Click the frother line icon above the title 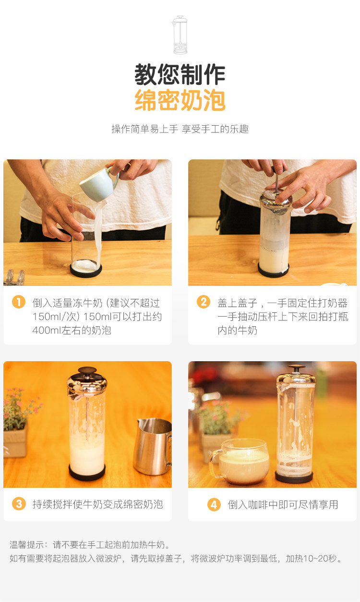(x=180, y=35)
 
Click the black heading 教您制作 (x=180, y=74)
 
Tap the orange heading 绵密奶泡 (x=180, y=100)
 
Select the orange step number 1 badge (x=19, y=302)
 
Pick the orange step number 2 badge (x=204, y=302)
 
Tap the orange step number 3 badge (x=19, y=504)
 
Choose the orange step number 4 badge (x=214, y=505)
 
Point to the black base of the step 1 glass (x=86, y=270)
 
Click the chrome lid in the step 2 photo (x=276, y=201)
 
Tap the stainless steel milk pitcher (x=153, y=447)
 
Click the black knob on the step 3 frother (x=87, y=370)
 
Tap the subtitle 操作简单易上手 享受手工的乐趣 (x=180, y=129)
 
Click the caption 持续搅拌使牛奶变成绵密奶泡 (x=97, y=504)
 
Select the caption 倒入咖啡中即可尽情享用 (x=283, y=505)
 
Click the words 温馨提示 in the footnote (x=26, y=545)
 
